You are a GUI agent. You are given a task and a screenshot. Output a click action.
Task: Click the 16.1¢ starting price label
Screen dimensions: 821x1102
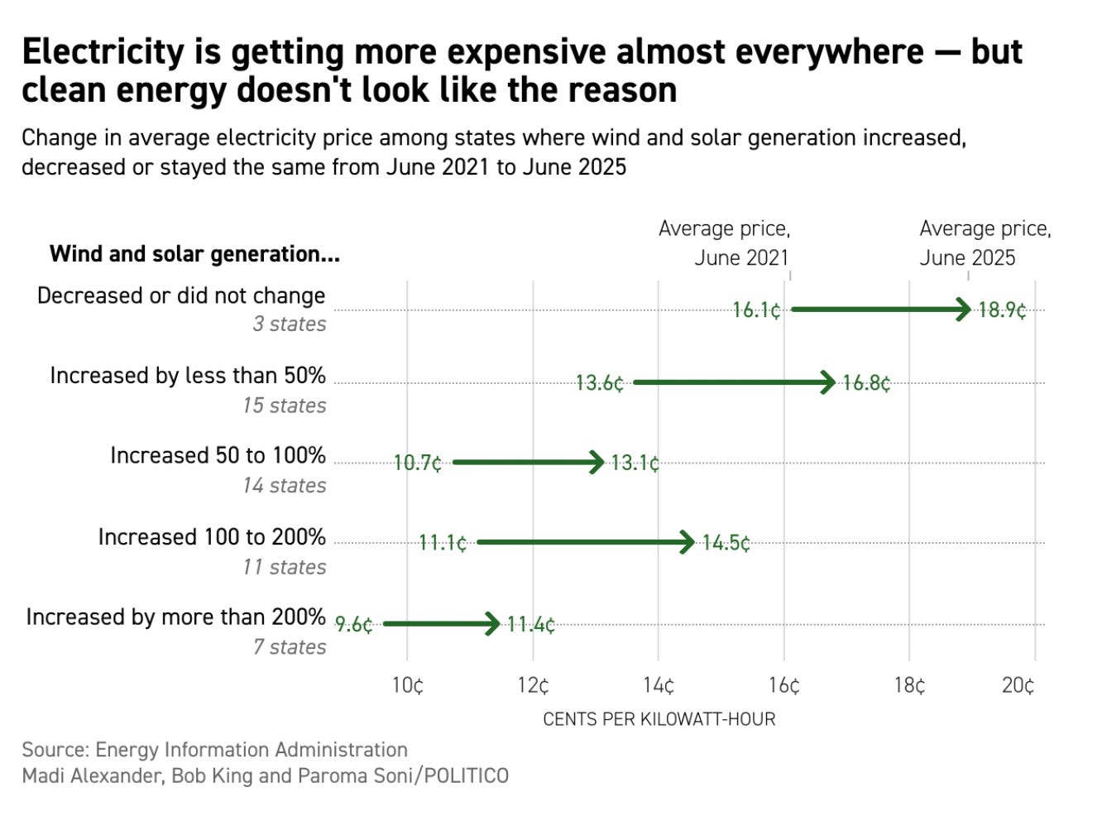tap(756, 310)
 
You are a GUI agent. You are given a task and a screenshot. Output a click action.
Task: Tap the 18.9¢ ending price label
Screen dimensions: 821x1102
tap(1002, 310)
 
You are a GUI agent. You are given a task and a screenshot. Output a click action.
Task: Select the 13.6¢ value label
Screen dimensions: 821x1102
tap(600, 383)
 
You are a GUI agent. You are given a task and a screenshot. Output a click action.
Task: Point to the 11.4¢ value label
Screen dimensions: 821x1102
tap(530, 624)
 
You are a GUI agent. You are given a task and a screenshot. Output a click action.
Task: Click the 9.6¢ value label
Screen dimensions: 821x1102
tap(354, 624)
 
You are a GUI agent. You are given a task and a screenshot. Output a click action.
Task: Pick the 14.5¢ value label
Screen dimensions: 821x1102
tap(726, 543)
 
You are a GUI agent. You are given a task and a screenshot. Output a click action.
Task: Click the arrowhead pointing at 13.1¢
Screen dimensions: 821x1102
tap(597, 462)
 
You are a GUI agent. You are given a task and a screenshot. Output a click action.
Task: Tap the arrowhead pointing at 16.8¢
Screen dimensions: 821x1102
tap(828, 382)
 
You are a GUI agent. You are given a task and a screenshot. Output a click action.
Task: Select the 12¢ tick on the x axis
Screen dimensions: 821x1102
tap(533, 685)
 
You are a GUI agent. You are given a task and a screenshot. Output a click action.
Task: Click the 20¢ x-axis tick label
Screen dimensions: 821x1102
tap(1018, 685)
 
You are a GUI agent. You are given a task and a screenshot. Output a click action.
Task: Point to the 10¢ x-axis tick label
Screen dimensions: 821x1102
tap(407, 685)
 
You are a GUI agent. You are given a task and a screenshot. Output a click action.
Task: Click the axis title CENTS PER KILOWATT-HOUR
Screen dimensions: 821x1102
tap(659, 719)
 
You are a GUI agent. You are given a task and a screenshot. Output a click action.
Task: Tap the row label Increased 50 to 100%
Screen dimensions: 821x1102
tap(218, 455)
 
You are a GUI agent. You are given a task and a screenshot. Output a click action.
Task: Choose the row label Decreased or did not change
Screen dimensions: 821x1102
tap(181, 295)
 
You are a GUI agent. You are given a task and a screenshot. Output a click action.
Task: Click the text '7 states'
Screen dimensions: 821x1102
tap(290, 646)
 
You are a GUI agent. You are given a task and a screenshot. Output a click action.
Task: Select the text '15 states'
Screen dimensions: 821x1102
tap(285, 406)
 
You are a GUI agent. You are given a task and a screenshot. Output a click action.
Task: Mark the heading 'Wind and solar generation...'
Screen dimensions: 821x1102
tap(194, 253)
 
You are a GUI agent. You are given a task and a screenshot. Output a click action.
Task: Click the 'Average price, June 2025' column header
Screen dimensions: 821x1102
tap(985, 242)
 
